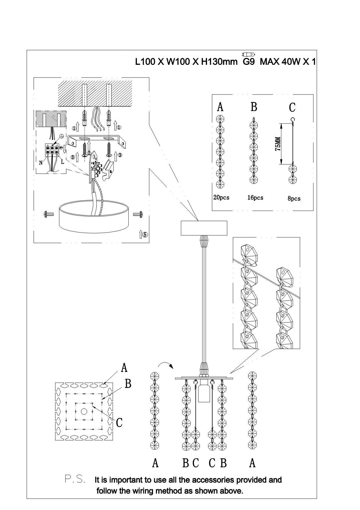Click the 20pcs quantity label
[221, 198]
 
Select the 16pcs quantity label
[255, 198]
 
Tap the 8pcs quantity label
[294, 199]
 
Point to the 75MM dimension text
[278, 144]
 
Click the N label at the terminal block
[41, 163]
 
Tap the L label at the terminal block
[62, 162]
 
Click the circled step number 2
[89, 153]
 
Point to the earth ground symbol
[61, 136]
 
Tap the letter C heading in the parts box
[292, 108]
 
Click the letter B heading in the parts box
[254, 107]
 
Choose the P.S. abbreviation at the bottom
[75, 479]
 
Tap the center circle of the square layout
[84, 411]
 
